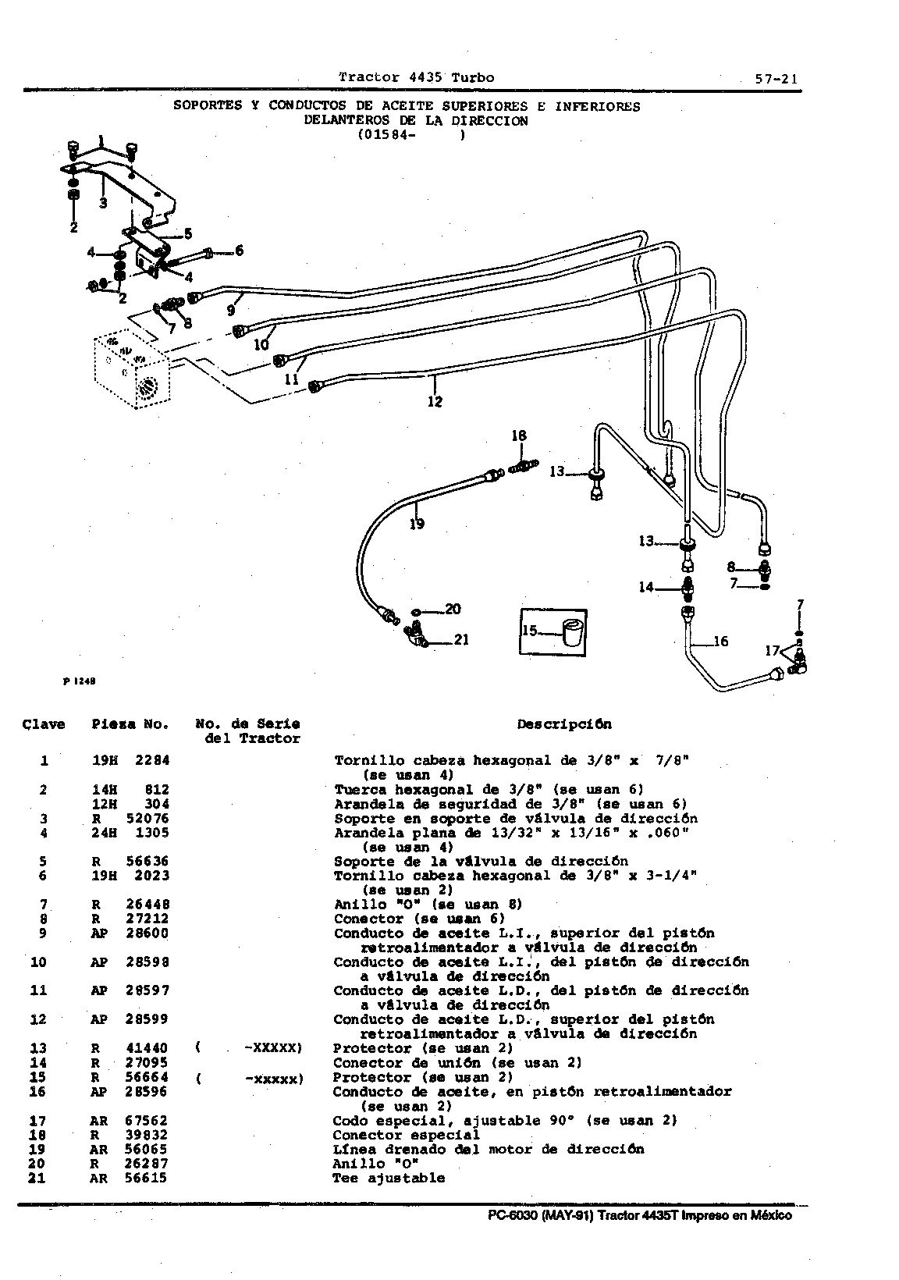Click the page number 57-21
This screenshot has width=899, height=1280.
[x=776, y=80]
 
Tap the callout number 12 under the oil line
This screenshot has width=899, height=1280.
[x=435, y=402]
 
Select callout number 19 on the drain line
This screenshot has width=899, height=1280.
[x=417, y=524]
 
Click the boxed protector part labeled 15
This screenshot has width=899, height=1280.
[x=571, y=632]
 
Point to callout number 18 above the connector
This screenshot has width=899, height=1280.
[x=519, y=436]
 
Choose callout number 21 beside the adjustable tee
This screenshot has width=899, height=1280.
[x=461, y=639]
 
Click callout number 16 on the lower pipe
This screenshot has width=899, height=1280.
[x=721, y=641]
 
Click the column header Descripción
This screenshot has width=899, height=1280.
[x=564, y=724]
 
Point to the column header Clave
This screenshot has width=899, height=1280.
[x=44, y=724]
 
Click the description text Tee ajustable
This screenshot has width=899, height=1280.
[x=389, y=1178]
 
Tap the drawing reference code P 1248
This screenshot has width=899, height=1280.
[x=79, y=681]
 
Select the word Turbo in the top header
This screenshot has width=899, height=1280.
[x=473, y=78]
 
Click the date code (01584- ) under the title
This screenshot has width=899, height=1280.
[x=411, y=136]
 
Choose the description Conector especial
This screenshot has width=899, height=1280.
[x=407, y=1135]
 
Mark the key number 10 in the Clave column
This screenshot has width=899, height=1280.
[x=38, y=962]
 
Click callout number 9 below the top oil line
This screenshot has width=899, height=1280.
[x=231, y=311]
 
